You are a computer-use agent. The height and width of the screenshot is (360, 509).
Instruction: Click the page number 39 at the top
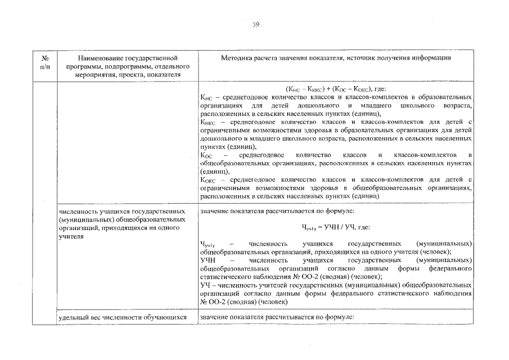click(x=255, y=24)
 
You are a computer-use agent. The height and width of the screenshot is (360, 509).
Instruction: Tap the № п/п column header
click(x=45, y=62)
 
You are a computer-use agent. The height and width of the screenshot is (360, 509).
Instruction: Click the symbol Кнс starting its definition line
click(x=207, y=98)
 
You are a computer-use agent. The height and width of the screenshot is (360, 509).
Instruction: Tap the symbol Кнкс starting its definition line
click(x=208, y=122)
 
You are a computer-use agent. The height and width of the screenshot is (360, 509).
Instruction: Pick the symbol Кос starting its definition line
click(x=206, y=155)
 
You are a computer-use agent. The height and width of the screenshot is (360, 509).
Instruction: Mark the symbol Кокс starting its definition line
click(x=209, y=179)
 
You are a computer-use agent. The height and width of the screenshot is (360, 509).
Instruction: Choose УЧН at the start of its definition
click(x=208, y=261)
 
